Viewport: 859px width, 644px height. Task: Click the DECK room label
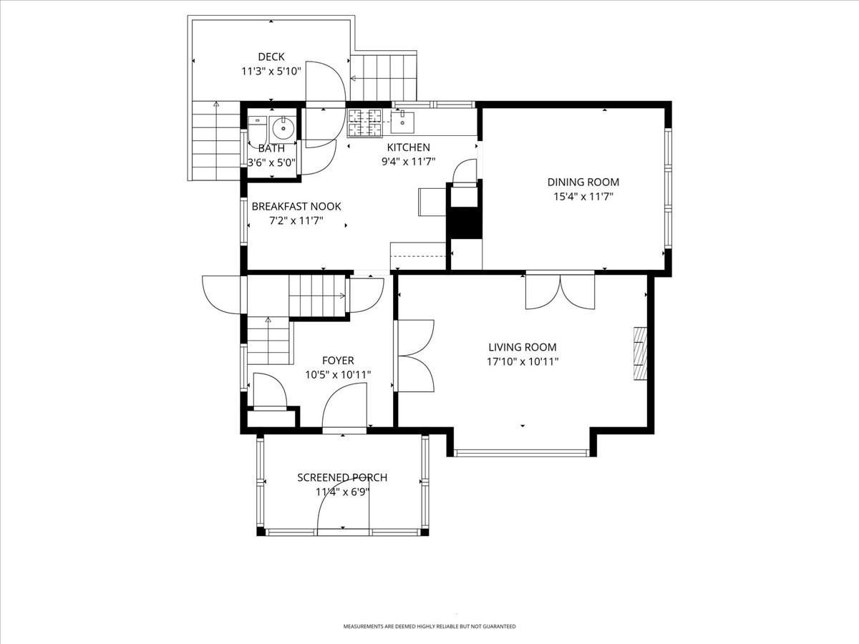271,57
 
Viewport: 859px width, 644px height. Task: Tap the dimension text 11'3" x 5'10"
271,72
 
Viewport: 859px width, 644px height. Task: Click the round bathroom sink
283,129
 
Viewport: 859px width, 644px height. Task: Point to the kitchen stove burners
365,122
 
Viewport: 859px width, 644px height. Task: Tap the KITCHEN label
408,147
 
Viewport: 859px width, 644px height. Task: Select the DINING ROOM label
583,182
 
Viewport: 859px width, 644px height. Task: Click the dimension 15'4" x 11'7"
583,196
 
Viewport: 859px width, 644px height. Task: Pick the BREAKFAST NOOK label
296,206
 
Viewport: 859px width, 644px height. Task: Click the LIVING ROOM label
522,347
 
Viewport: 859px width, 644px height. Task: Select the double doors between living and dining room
560,291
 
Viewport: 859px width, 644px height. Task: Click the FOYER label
338,361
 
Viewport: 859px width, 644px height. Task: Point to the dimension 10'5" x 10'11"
338,374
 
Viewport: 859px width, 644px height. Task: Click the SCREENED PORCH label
342,477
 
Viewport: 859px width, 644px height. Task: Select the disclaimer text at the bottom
429,626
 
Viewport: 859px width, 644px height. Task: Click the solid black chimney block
464,222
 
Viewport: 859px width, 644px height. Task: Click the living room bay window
522,452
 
